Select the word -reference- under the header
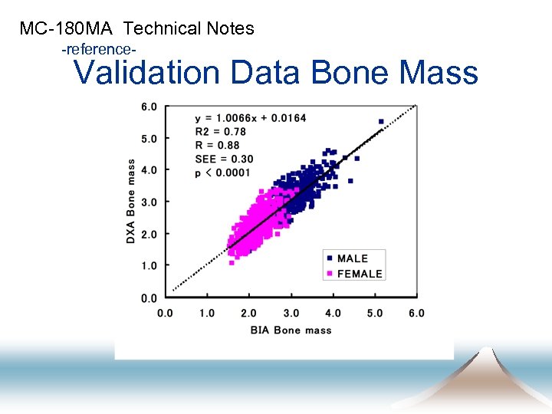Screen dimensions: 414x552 tap(99, 49)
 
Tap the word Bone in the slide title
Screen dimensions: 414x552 tap(347, 73)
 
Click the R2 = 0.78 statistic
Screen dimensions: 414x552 tap(220, 131)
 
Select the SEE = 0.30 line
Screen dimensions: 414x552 tap(224, 159)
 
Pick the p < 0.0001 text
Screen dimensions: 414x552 tap(223, 172)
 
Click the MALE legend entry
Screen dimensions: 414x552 tap(352, 258)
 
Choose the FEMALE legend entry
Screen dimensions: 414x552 tap(359, 274)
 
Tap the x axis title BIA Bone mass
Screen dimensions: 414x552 tap(291, 330)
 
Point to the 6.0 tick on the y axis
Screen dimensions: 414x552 tap(149, 107)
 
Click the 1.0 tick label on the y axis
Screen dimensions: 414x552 tap(149, 266)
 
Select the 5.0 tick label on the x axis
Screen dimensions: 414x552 tap(374, 313)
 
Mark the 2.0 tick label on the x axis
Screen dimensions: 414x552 tap(248, 313)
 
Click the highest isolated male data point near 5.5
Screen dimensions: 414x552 tap(381, 121)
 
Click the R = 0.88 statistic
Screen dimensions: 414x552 tap(217, 145)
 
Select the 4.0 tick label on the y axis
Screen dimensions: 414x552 tap(149, 170)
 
